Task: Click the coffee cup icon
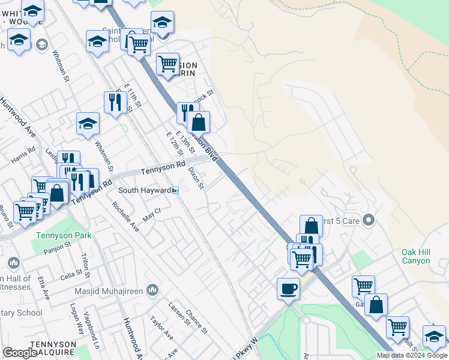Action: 288,289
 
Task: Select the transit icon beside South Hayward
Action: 175,190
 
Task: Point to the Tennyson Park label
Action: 64,235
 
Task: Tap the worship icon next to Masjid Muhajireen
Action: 152,290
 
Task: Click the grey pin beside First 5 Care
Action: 369,221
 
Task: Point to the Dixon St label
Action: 196,178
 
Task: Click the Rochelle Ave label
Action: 125,216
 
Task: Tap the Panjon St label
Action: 58,248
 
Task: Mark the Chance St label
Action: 196,323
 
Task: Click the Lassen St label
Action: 179,314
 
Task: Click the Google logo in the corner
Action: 20,353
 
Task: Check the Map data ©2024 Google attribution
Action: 412,355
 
